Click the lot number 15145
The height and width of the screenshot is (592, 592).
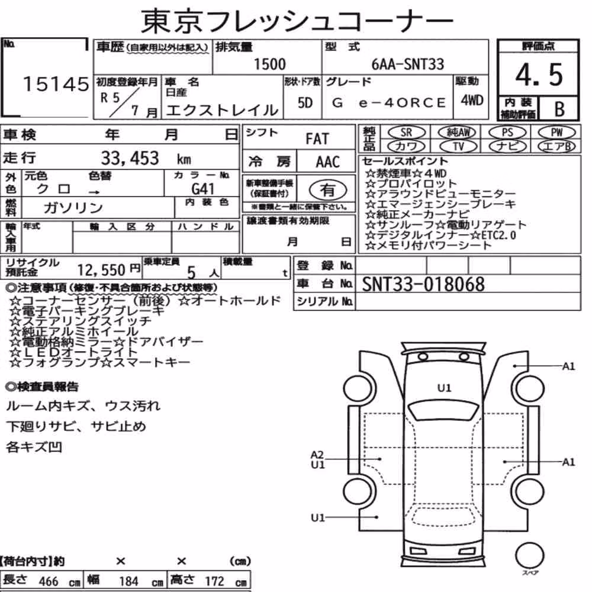56,84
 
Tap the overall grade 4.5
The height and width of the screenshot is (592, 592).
539,75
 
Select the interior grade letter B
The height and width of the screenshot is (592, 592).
559,109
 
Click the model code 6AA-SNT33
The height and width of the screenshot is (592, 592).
408,64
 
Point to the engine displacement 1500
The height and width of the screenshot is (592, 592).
269,64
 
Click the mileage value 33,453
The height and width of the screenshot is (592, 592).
130,158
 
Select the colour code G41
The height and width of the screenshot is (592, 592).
202,188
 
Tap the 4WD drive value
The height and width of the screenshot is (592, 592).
472,101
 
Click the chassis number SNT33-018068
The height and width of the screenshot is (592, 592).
423,284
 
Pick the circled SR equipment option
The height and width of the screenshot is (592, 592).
406,132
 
